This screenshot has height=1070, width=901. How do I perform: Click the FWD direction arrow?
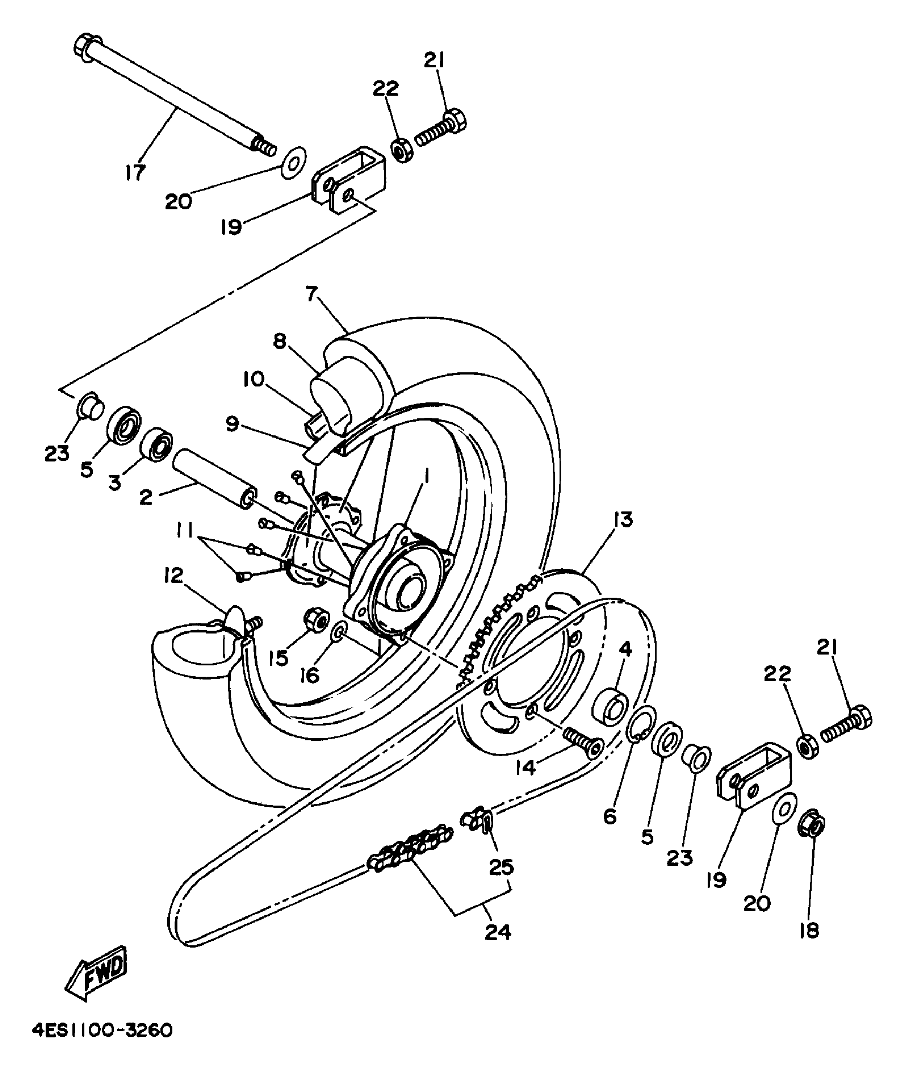pyautogui.click(x=97, y=976)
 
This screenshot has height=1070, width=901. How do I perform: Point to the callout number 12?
pyautogui.click(x=173, y=576)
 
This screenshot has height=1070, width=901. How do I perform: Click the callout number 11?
pyautogui.click(x=185, y=530)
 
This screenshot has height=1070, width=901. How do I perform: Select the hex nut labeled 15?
pyautogui.click(x=314, y=620)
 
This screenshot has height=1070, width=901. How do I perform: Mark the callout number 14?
pyautogui.click(x=526, y=768)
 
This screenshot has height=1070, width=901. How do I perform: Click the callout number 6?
pyautogui.click(x=610, y=816)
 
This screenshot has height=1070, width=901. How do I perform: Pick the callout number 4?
pyautogui.click(x=625, y=649)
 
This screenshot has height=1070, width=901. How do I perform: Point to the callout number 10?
pyautogui.click(x=254, y=379)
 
